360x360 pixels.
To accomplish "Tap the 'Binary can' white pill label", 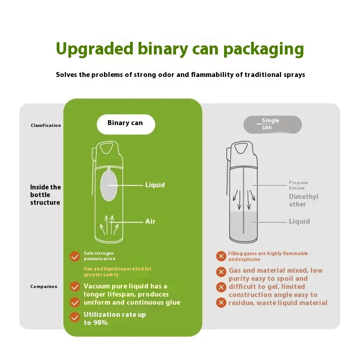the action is (125, 123).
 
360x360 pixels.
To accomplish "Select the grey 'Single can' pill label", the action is (271, 124).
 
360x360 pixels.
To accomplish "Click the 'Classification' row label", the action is (46, 126).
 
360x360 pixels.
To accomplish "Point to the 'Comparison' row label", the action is (44, 287).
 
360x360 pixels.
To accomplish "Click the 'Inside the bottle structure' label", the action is (45, 195).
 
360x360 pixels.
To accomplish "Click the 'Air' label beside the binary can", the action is (150, 221).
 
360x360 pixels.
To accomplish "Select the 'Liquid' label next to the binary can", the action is (155, 185).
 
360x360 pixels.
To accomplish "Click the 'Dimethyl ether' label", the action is (303, 200).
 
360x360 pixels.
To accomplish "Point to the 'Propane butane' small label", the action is (298, 185).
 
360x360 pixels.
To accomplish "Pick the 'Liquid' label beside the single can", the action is (299, 221).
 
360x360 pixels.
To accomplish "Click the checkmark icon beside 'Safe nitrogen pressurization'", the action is (75, 256).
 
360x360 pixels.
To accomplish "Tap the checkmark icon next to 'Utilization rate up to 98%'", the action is (75, 317).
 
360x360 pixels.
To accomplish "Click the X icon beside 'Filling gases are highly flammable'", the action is (221, 256).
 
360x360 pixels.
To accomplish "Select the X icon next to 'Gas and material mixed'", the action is (221, 272).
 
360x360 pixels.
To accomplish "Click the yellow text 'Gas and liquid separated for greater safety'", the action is (117, 271).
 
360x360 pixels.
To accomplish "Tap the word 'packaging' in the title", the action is (265, 49).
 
